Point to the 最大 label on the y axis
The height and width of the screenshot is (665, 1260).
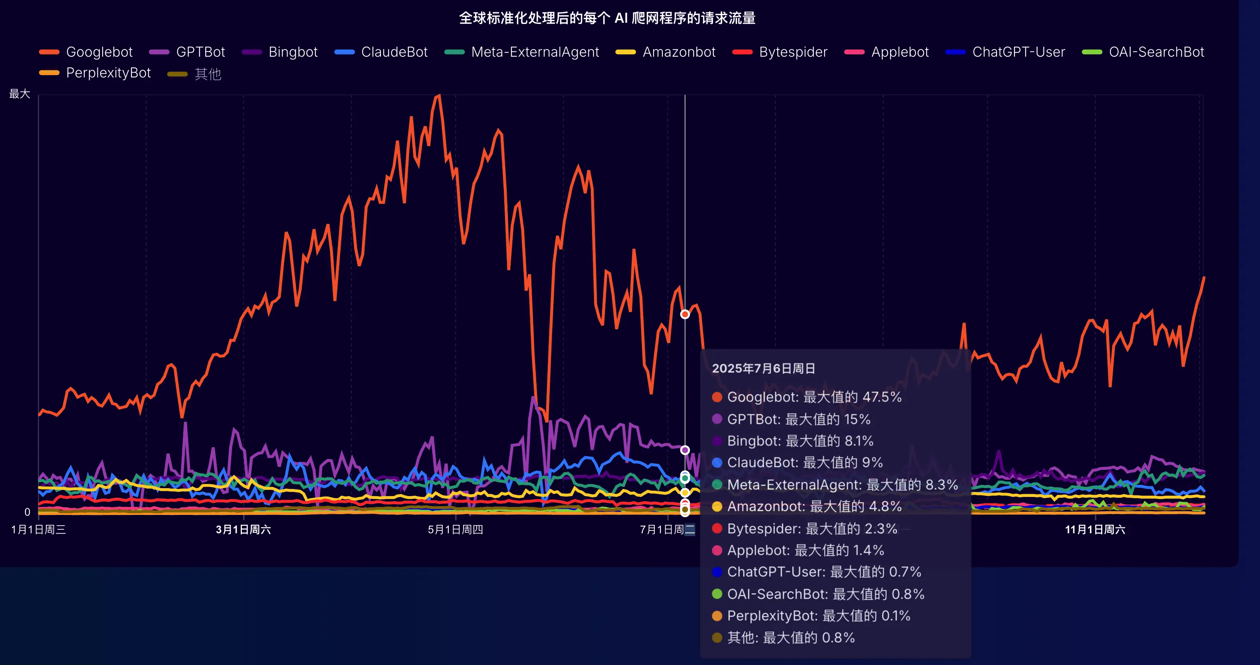[x=20, y=93]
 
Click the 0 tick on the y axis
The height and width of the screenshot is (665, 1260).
[x=28, y=512]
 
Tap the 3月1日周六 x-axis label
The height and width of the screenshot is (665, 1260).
[x=243, y=530]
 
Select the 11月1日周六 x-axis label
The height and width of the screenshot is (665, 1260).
[x=1095, y=530]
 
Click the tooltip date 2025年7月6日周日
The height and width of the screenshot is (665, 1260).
[x=763, y=368]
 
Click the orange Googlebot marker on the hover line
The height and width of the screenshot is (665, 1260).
[x=685, y=315]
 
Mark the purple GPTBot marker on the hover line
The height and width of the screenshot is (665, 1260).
[x=685, y=450]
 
